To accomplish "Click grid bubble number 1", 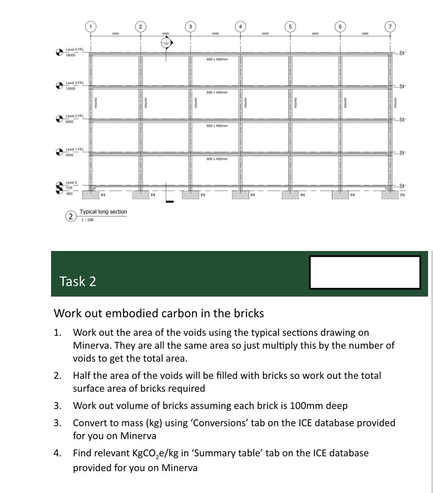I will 90,27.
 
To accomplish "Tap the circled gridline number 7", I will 390,27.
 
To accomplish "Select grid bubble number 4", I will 240,27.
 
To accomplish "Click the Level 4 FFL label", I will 74,49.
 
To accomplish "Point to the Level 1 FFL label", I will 74,150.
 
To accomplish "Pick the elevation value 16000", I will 71,55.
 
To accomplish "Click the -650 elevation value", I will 69,193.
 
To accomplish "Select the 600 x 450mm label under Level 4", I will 217,59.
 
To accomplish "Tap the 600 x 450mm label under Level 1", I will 217,159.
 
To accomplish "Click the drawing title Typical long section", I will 103,212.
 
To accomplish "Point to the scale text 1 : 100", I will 87,220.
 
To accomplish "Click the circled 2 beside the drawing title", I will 71,216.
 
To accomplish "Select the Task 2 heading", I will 78,281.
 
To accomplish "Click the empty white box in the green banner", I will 364,272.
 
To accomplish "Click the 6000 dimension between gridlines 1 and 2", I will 116,34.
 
